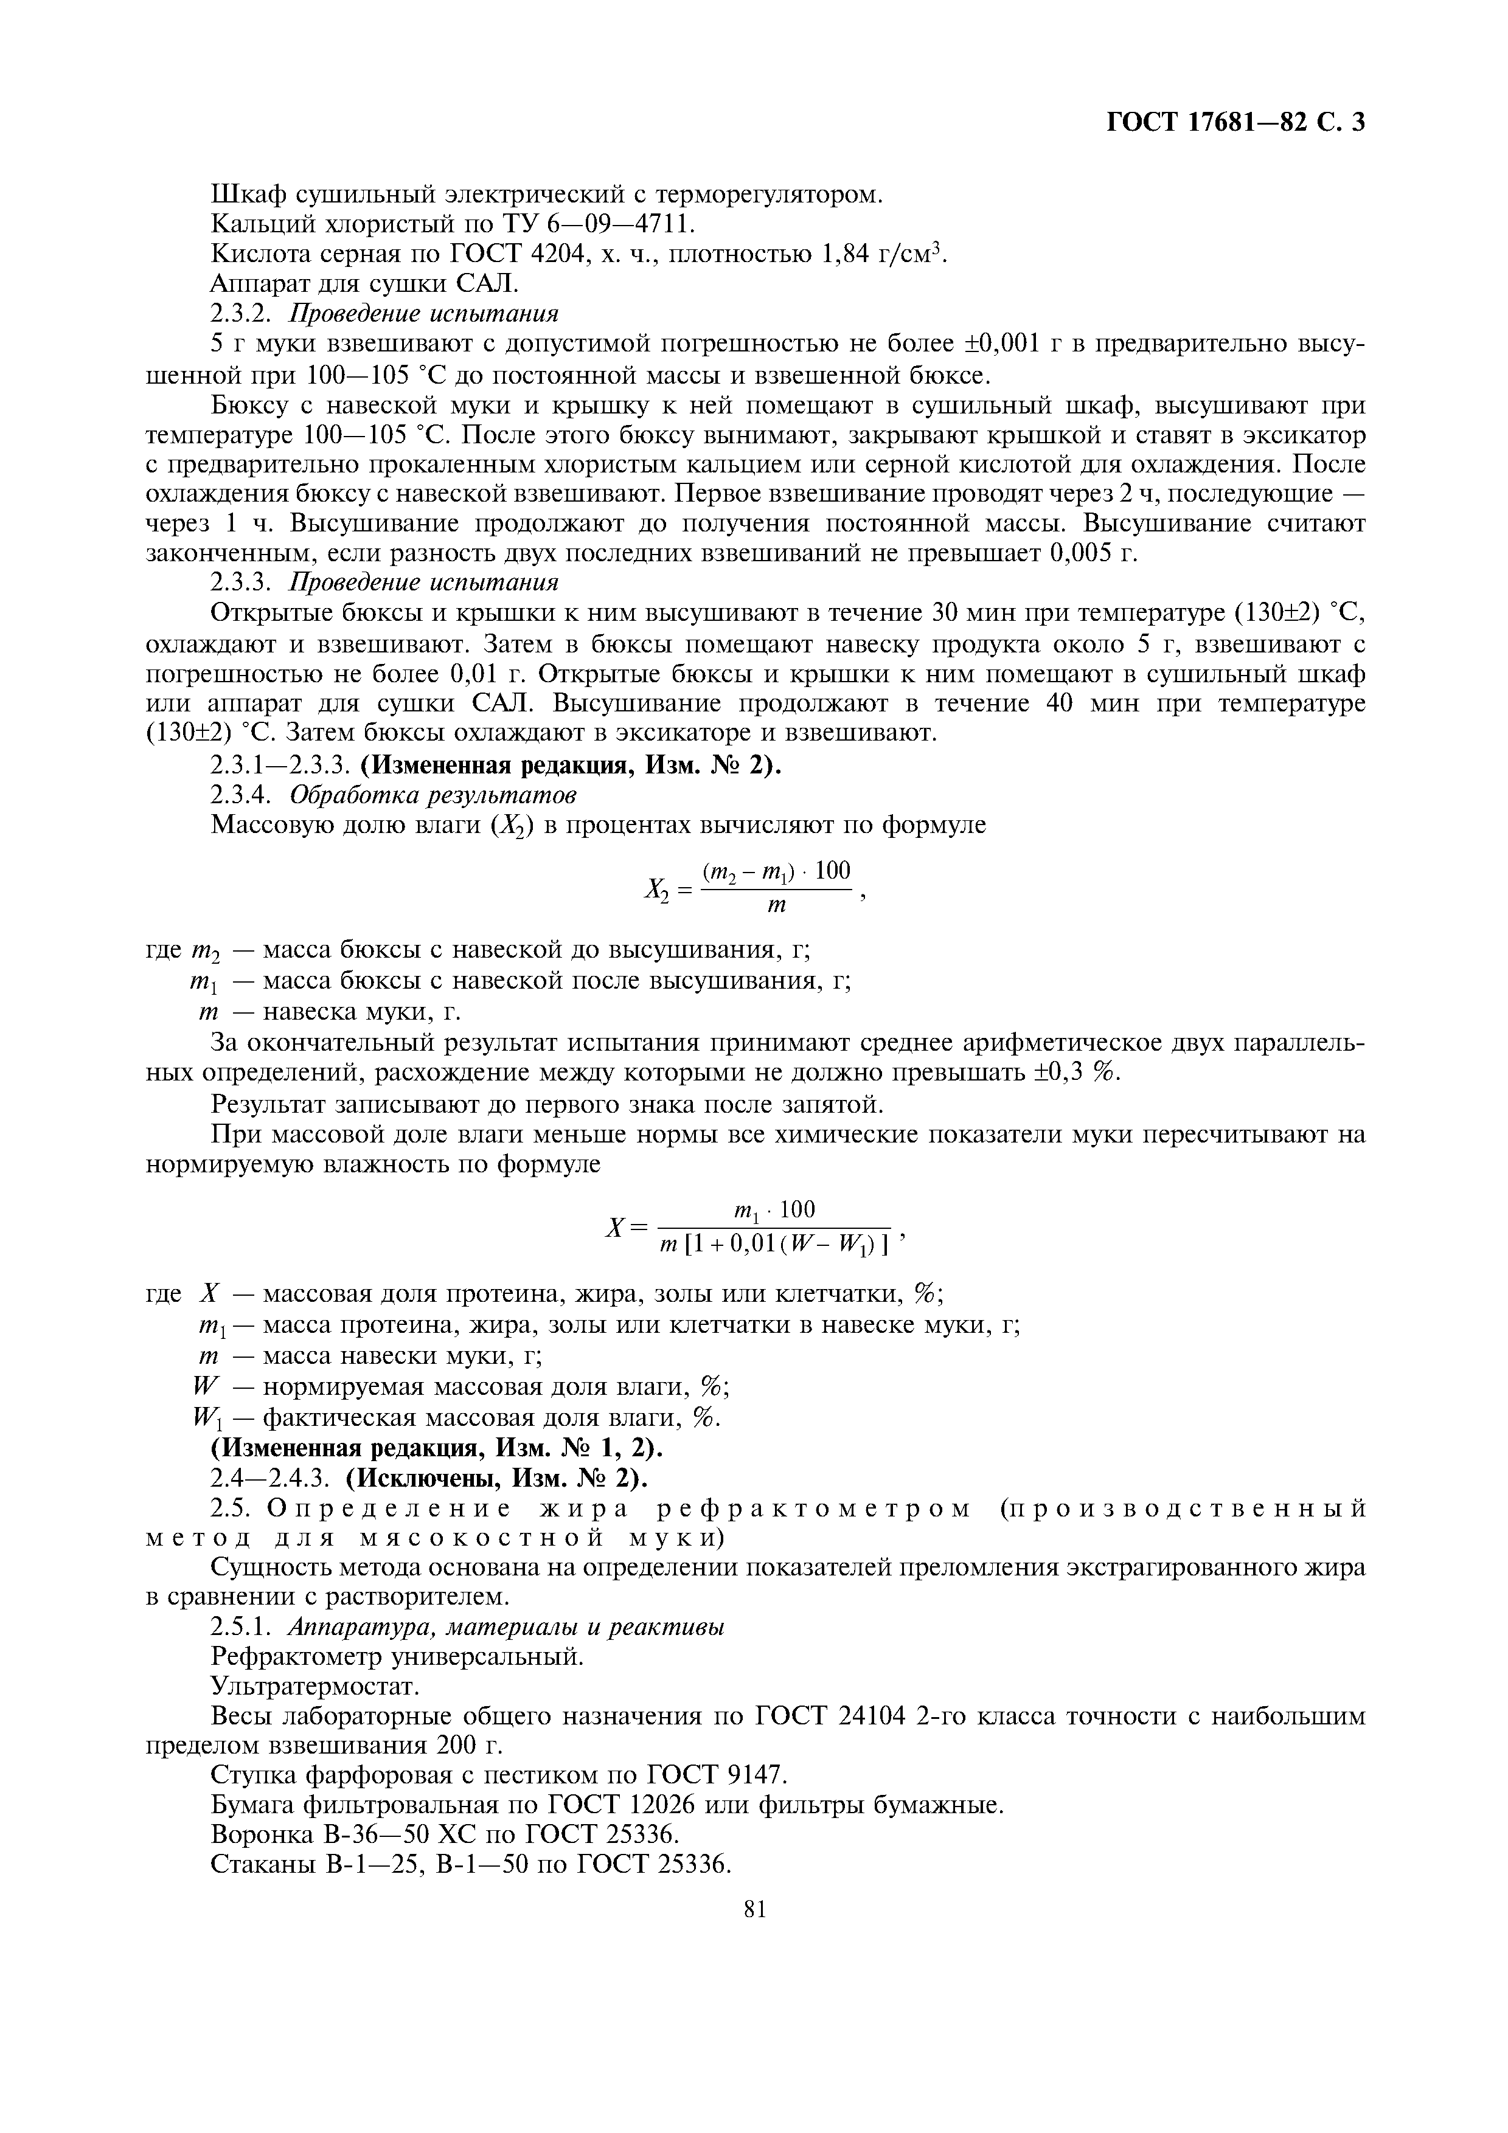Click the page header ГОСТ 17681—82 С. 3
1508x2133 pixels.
pos(1235,123)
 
